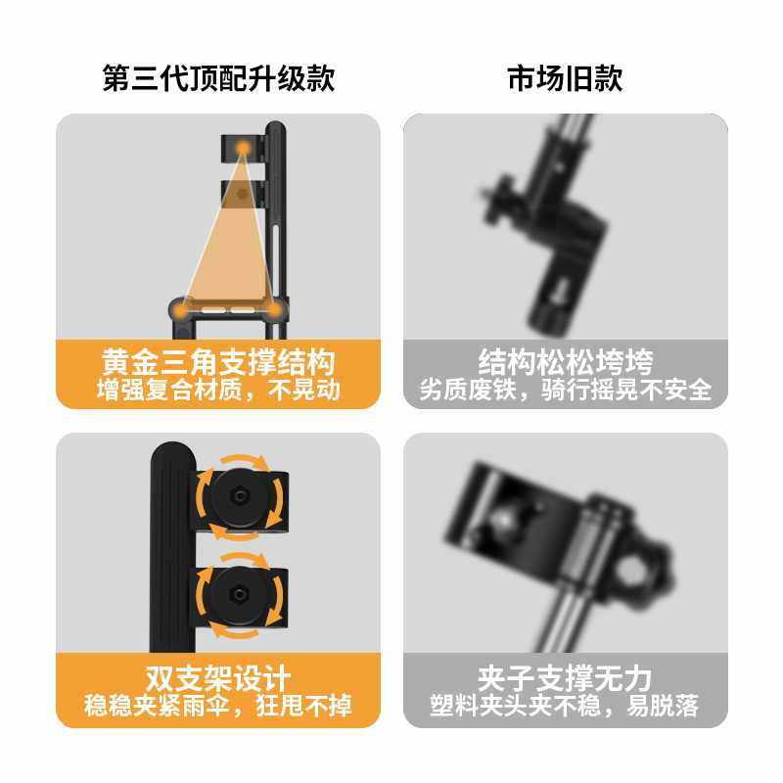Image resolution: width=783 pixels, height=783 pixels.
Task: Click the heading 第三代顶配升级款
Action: [x=218, y=78]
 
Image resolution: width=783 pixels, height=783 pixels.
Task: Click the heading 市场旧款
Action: [x=565, y=78]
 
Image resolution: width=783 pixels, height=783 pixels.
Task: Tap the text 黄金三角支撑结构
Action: [x=218, y=362]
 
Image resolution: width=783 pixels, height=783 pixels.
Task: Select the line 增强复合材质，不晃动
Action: [x=218, y=390]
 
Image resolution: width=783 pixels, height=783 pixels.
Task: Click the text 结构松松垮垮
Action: [x=565, y=361]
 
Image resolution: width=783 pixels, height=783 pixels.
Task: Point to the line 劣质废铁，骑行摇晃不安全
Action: [x=565, y=390]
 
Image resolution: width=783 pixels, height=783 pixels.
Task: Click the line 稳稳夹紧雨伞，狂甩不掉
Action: [x=218, y=705]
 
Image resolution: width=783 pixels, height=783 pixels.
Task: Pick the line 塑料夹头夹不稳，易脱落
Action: [x=565, y=706]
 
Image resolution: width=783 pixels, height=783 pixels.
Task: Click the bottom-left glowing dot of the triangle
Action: [x=182, y=310]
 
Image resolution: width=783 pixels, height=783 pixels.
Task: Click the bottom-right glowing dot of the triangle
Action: [x=274, y=310]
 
